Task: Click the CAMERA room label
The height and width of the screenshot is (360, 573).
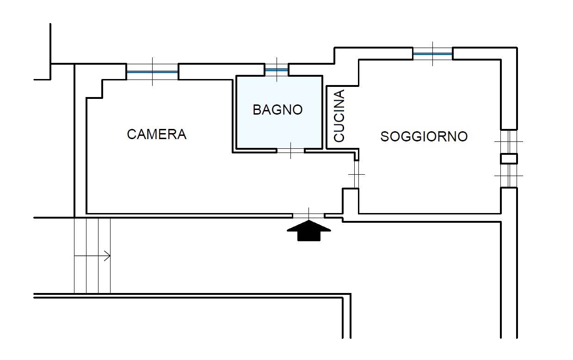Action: coord(156,134)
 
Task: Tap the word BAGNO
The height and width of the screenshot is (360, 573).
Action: coord(277,110)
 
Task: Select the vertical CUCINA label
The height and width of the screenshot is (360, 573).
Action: coord(339,116)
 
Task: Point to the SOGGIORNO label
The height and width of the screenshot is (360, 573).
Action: coord(424,136)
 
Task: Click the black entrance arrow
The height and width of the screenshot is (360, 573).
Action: coord(309,231)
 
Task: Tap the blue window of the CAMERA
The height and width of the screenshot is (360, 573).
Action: coord(152,72)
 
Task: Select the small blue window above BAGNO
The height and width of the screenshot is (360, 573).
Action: coord(277,70)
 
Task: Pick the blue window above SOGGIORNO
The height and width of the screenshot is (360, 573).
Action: coord(432,54)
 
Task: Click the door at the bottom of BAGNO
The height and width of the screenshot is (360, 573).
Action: coord(290,150)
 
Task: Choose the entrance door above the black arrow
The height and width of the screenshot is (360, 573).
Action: coord(308,215)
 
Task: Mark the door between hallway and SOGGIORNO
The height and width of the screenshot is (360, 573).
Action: coord(356,174)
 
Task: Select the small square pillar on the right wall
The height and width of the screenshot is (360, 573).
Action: coord(509,159)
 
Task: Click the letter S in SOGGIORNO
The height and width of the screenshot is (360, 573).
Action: coord(385,137)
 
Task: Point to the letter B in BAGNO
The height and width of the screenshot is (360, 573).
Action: coord(257,110)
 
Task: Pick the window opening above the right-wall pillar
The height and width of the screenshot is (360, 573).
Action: coord(509,141)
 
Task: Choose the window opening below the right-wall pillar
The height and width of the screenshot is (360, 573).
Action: coord(509,176)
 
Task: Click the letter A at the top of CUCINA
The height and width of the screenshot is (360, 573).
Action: coord(339,94)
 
